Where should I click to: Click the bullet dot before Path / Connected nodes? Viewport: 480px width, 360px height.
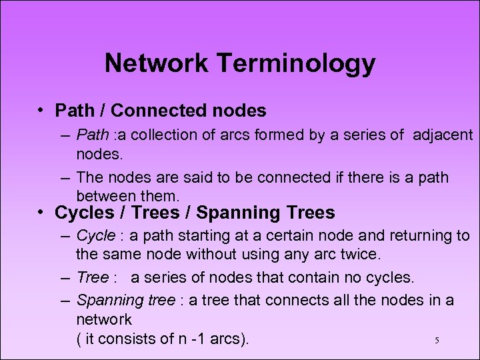(x=41, y=109)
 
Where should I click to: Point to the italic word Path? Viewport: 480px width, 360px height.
(x=92, y=135)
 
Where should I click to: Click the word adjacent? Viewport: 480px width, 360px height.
(x=443, y=135)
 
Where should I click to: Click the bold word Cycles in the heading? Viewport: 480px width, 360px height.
(x=85, y=213)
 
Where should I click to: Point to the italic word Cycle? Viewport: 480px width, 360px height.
(x=96, y=236)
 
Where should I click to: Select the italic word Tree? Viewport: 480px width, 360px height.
(x=91, y=277)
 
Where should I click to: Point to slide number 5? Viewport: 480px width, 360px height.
(x=437, y=341)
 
